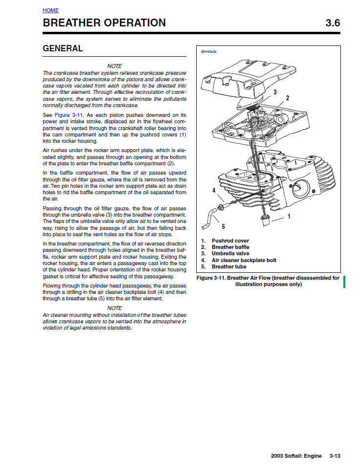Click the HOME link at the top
coord(50,10)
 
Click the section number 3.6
coord(333,23)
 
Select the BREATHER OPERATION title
coord(104,23)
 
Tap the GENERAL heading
coord(63,48)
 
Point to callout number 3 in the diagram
coord(275,91)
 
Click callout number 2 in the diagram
coord(288,98)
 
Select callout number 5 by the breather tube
coord(224,226)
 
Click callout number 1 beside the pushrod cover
coord(289,216)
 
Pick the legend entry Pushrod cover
coord(230,241)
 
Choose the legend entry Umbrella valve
coord(230,253)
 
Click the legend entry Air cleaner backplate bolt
coord(244,260)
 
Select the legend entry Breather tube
coord(229,267)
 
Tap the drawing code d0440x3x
coord(209,51)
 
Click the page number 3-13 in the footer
coord(335,456)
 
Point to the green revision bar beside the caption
coord(344,281)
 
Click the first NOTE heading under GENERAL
coord(114,66)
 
